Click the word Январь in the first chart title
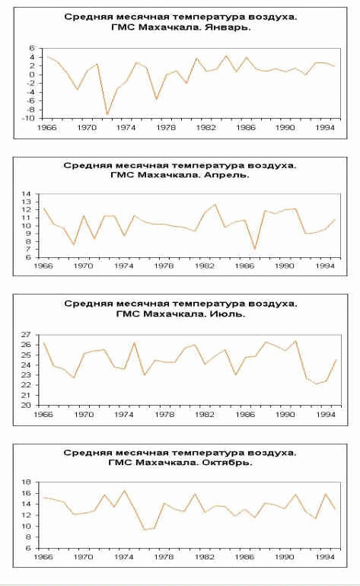[x=228, y=27]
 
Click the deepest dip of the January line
[x=107, y=114]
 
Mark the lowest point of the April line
[x=255, y=249]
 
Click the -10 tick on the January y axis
[x=28, y=118]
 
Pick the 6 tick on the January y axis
[x=32, y=48]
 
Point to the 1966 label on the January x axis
[x=46, y=128]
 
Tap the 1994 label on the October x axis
[x=325, y=557]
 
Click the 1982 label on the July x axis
[x=205, y=415]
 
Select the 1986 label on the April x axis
[x=245, y=266]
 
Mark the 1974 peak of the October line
[x=124, y=491]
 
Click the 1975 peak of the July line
[x=134, y=342]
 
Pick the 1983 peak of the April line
[x=215, y=204]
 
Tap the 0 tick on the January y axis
[x=32, y=75]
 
